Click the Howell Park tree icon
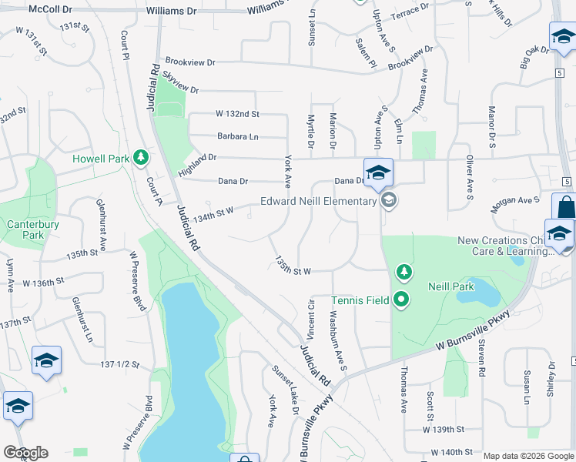click(x=140, y=159)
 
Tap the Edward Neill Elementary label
click(x=319, y=202)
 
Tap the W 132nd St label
click(x=237, y=113)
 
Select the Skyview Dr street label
click(x=180, y=82)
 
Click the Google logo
click(x=26, y=453)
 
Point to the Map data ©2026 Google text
click(x=528, y=456)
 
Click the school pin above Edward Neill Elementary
click(x=378, y=173)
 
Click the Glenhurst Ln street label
click(x=82, y=320)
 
